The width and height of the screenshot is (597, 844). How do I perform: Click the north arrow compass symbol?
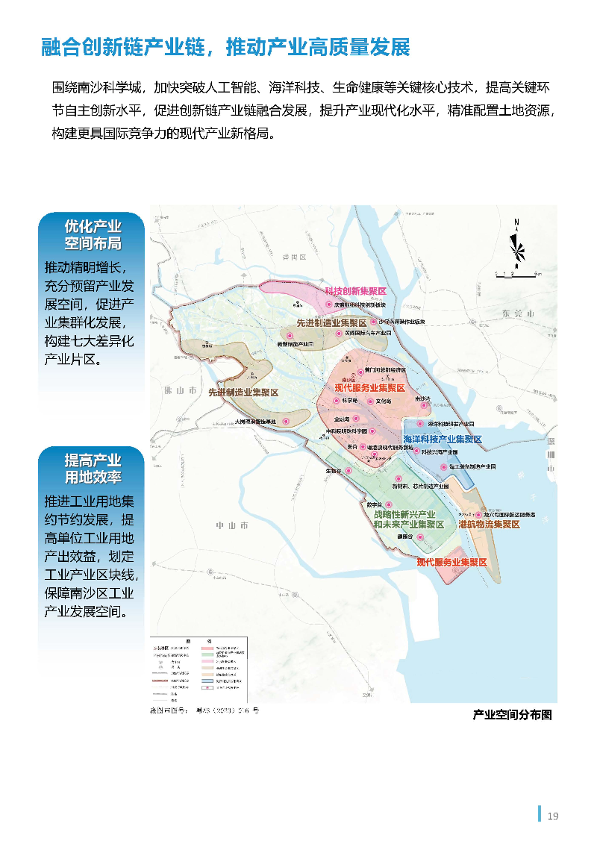pyautogui.click(x=516, y=243)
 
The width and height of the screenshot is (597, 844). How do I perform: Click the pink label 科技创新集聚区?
pyautogui.click(x=354, y=291)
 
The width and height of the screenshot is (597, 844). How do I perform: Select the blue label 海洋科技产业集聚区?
pyautogui.click(x=443, y=439)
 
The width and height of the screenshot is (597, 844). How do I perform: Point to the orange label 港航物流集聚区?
pyautogui.click(x=489, y=524)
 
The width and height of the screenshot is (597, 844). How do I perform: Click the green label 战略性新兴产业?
pyautogui.click(x=405, y=515)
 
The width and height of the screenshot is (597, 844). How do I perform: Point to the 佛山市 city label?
pyautogui.click(x=181, y=390)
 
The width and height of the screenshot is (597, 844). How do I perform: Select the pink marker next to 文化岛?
pyautogui.click(x=369, y=401)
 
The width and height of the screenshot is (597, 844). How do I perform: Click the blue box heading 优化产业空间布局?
pyautogui.click(x=93, y=234)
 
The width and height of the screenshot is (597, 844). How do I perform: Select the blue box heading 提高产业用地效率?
pyautogui.click(x=93, y=468)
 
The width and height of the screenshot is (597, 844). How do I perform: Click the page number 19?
pyautogui.click(x=552, y=816)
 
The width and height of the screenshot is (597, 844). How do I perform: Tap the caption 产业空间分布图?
pyautogui.click(x=512, y=714)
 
